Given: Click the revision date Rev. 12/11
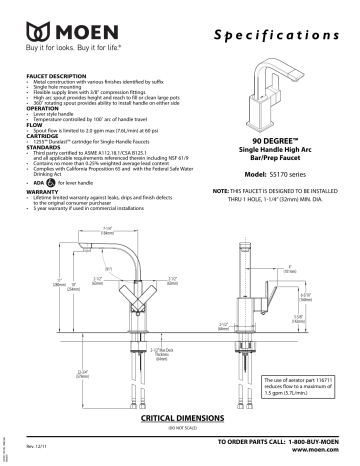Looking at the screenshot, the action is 35,444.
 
